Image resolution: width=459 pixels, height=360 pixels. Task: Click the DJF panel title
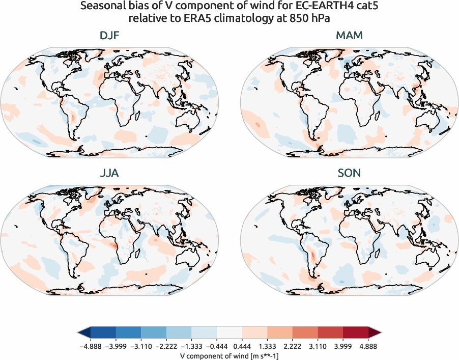[109, 36]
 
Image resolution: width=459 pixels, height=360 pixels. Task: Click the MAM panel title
[349, 36]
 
